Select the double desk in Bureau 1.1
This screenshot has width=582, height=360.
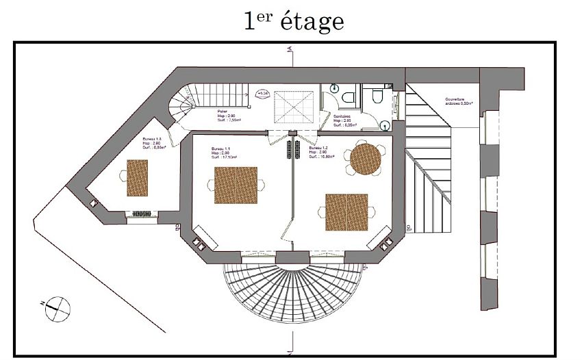click(x=235, y=185)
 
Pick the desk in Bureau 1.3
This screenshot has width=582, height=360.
click(x=137, y=177)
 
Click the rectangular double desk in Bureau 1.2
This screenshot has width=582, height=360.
click(x=346, y=212)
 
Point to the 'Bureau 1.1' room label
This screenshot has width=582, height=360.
click(x=221, y=151)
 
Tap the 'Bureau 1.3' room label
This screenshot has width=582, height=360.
click(x=153, y=142)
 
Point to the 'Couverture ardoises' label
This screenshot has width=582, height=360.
click(x=459, y=101)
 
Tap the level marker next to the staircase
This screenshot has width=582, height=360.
click(x=262, y=95)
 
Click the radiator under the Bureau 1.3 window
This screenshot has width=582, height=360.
click(x=142, y=214)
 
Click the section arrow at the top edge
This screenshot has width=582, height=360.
click(x=291, y=49)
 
